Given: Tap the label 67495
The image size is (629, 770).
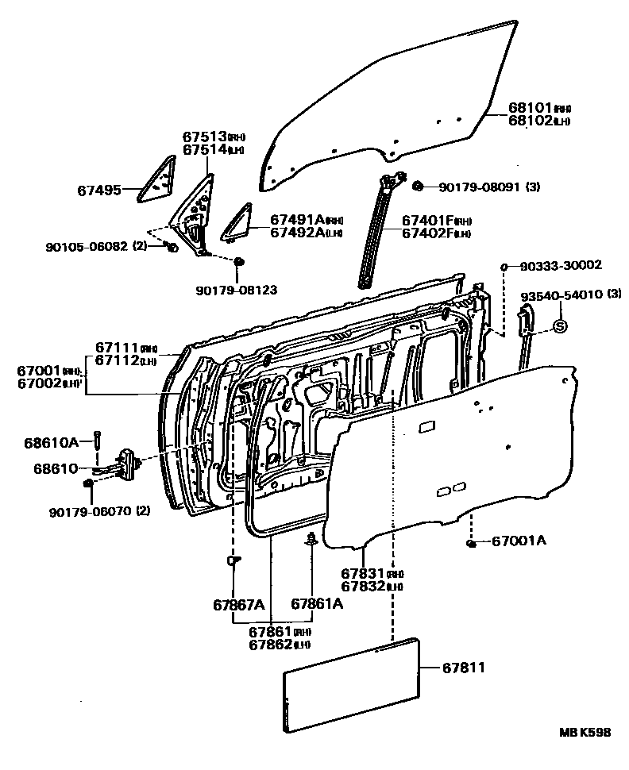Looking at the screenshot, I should point(99,190).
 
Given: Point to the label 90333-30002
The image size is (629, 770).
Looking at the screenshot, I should point(562,265).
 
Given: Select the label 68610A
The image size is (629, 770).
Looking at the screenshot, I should point(56,441).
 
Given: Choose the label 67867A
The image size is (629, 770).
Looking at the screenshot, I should point(238,604).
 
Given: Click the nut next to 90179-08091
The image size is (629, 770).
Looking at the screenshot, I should point(417,187).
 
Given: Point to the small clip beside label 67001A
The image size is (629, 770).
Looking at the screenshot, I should point(472,543).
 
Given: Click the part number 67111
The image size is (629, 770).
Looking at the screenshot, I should point(118,347).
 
